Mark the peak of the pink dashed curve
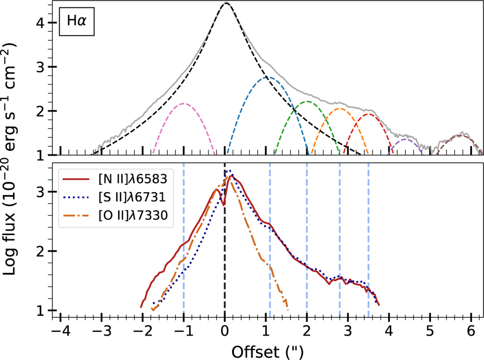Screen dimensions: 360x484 [184, 104]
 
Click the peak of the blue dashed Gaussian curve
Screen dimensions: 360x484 [266, 77]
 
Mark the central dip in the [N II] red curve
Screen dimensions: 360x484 [223, 205]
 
